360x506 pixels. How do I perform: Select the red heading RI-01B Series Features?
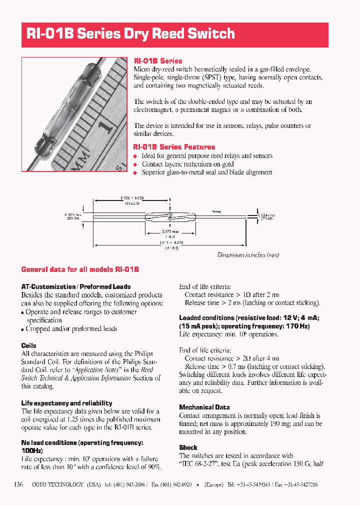click(x=174, y=147)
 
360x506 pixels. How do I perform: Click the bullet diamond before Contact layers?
click(x=135, y=164)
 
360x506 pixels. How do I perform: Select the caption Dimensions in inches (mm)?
click(x=248, y=255)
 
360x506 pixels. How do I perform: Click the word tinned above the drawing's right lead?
click(x=216, y=211)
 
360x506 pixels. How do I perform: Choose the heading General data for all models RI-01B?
click(x=80, y=269)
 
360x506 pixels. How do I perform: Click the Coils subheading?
click(x=28, y=345)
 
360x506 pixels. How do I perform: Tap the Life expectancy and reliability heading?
click(x=66, y=403)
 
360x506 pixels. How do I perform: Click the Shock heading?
click(x=188, y=447)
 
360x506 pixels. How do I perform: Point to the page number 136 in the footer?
click(x=19, y=484)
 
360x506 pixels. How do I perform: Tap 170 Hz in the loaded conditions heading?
click(x=298, y=326)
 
